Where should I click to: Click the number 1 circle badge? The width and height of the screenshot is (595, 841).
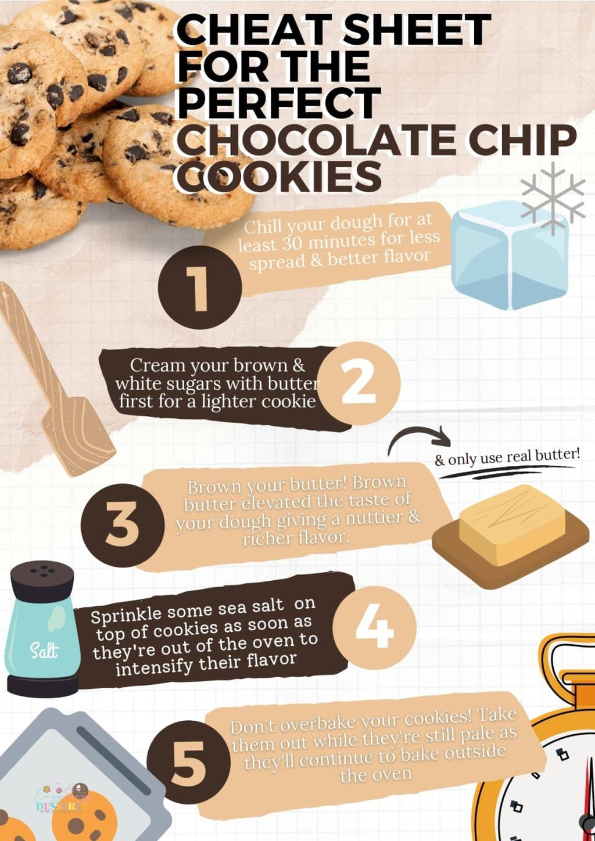click(x=199, y=286)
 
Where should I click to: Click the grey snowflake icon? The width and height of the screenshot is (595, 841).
click(x=553, y=197)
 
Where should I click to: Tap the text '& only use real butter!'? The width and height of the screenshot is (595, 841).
click(x=507, y=457)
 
